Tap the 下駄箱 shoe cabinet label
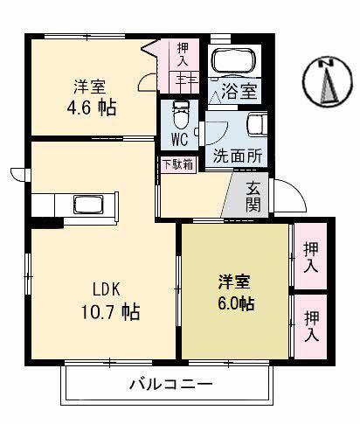coord(172,163)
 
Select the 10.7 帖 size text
coord(112,310)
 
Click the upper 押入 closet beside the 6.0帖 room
coord(309,256)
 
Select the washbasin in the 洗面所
coord(257,128)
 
